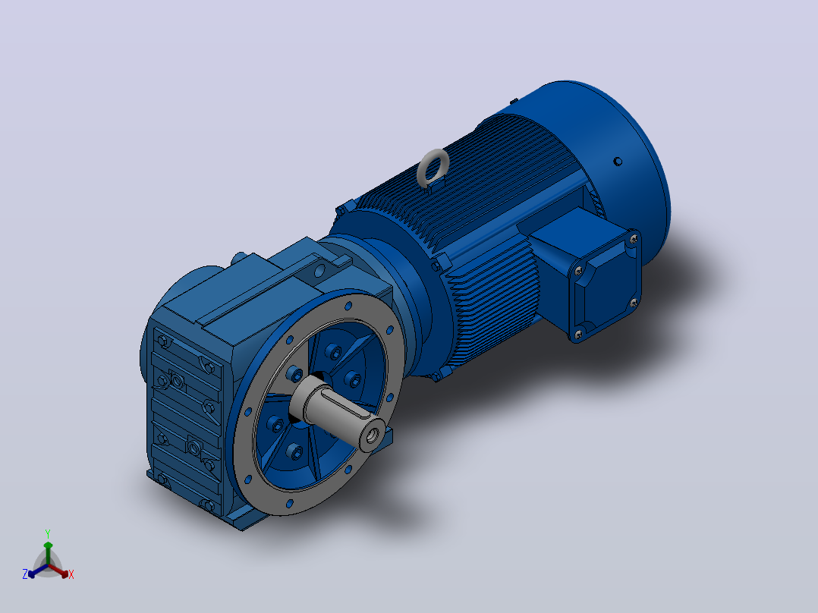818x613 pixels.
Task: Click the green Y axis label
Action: click(x=48, y=533)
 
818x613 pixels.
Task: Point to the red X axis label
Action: click(x=71, y=574)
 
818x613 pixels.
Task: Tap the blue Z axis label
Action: click(x=24, y=574)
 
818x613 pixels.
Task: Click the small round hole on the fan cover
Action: click(x=618, y=161)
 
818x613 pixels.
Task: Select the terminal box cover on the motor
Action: click(x=606, y=286)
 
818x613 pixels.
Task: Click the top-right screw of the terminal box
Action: click(x=634, y=239)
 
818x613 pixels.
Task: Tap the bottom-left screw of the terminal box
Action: click(x=578, y=335)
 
